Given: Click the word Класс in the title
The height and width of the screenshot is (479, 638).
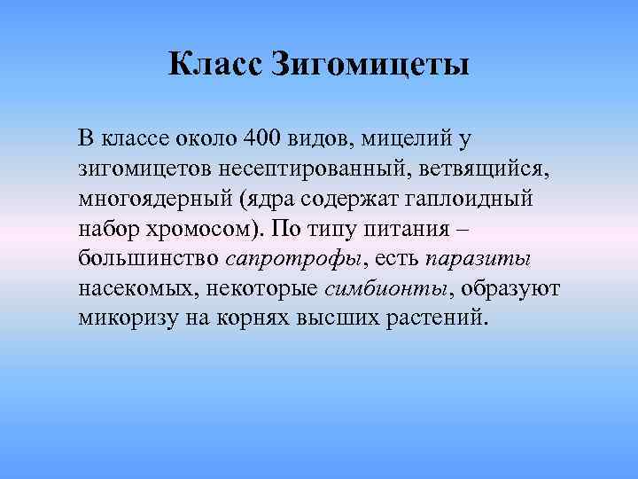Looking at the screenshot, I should [212, 65].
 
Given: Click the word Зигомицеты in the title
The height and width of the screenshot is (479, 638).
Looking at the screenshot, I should [368, 65].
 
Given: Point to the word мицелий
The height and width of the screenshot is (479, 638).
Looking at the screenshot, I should [404, 139].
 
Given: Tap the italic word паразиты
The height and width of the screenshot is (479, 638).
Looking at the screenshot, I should [478, 259].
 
